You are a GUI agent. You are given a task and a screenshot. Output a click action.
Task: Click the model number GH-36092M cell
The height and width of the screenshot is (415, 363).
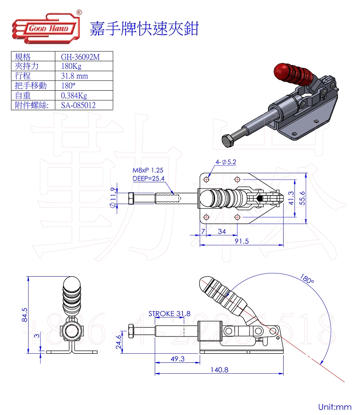[x=80, y=57]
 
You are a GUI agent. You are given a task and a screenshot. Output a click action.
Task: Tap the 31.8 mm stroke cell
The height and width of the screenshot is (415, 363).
[x=74, y=76]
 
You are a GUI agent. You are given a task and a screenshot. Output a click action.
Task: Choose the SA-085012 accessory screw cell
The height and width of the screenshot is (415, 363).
[x=78, y=105]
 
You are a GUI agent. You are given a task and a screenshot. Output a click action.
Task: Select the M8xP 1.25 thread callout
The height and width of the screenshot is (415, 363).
[x=148, y=170]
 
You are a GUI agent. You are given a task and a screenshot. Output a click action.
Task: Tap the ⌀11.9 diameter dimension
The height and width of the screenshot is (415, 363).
[x=112, y=199]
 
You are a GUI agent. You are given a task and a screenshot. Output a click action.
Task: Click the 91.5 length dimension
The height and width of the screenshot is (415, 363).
[x=241, y=241]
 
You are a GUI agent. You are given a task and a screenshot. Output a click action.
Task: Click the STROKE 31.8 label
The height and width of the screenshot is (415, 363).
[x=169, y=313]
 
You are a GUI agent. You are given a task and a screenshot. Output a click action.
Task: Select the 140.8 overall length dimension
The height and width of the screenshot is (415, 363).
[x=219, y=370]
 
